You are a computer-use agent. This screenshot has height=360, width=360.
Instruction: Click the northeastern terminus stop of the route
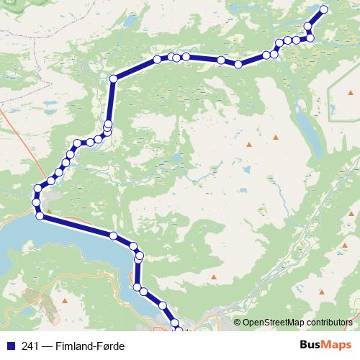click(x=324, y=9)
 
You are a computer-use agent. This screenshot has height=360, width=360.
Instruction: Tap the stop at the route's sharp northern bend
click(x=113, y=78)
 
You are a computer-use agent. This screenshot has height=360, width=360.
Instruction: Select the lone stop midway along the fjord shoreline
click(x=113, y=235)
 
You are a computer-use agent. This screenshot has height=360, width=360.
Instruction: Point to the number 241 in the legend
click(x=30, y=346)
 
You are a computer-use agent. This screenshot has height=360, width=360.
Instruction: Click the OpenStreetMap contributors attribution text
click(x=299, y=323)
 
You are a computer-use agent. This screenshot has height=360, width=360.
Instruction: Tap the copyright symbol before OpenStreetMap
click(x=237, y=323)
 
